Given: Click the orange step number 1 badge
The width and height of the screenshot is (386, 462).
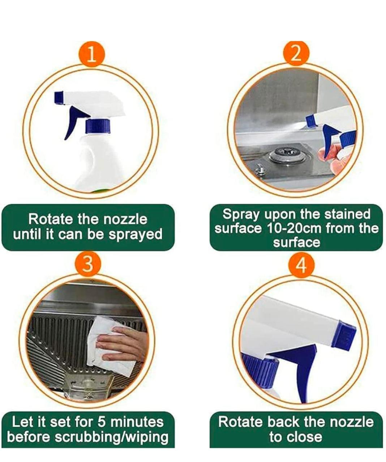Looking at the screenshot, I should [92, 55].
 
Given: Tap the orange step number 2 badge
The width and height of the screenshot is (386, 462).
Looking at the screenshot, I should [296, 54].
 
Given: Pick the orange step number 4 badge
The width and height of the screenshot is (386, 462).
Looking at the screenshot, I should [301, 265].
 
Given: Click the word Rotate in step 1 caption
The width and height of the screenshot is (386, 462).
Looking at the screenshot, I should [52, 219].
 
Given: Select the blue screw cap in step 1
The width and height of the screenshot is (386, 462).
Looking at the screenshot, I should [98, 126].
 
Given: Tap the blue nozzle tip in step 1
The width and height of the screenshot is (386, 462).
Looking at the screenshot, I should [59, 98].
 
